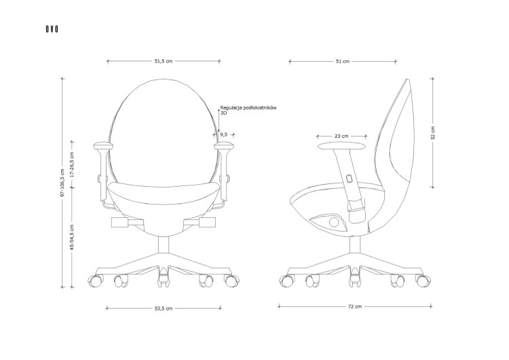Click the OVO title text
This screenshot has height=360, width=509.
52,29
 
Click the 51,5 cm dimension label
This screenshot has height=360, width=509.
164,61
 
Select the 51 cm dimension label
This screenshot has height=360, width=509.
343,61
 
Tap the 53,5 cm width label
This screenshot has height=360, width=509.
164,308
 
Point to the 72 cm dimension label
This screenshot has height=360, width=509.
355,306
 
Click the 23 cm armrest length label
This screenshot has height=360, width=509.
341,136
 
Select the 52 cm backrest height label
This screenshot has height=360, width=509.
432,132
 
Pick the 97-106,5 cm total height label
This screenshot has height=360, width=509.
62,183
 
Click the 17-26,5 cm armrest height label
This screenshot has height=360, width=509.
72,164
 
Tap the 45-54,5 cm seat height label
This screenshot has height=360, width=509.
72,237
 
